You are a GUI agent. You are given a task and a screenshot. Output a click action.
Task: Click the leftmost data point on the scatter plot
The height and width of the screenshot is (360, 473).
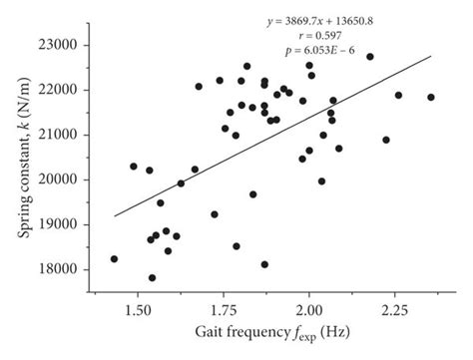click(114, 259)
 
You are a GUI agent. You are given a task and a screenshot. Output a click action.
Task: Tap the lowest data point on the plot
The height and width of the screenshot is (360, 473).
click(152, 278)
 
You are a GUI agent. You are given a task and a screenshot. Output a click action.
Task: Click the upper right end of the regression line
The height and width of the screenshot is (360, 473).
click(431, 56)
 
